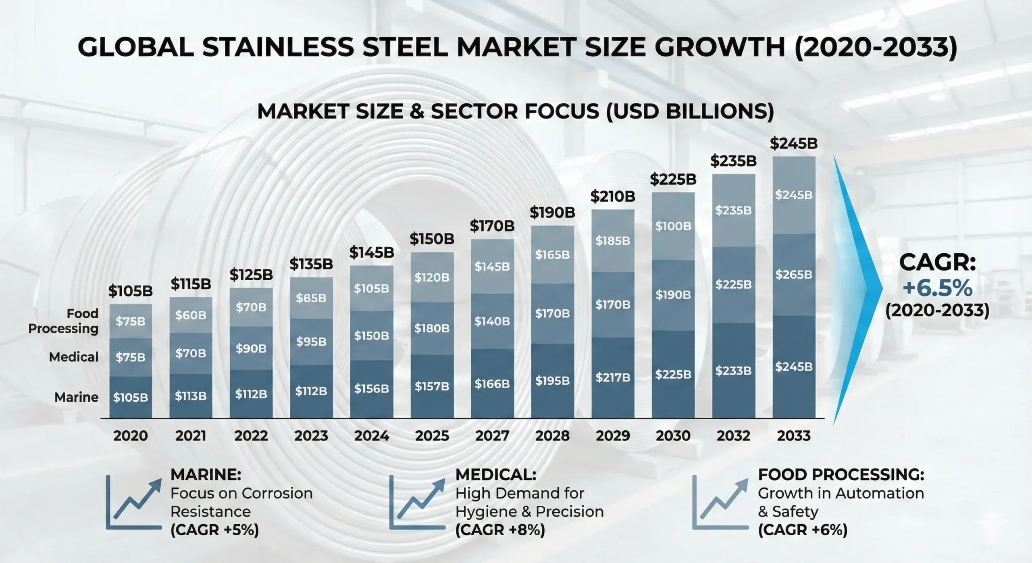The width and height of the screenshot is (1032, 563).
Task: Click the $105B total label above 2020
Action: click(130, 291)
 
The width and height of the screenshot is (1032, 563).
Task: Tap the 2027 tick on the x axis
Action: click(492, 436)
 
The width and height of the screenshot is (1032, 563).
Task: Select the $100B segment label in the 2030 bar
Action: click(673, 226)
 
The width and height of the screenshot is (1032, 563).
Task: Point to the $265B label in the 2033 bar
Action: click(793, 275)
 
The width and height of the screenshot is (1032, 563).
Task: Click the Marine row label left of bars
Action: click(76, 397)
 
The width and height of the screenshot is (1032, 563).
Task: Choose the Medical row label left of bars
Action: click(73, 357)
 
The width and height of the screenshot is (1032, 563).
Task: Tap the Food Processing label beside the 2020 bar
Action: click(63, 321)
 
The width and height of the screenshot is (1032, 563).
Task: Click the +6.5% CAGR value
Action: click(937, 288)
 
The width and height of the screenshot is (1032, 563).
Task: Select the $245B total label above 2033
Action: click(793, 144)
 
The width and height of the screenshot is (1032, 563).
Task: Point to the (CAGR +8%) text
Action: click(500, 530)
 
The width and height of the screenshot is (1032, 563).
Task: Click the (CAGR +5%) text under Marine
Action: click(214, 530)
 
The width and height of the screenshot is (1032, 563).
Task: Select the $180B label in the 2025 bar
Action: click(432, 328)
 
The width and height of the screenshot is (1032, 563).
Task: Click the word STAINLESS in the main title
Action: click(278, 48)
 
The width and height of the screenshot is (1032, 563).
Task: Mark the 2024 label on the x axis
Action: click(371, 436)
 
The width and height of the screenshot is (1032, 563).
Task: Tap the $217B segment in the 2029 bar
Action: click(613, 377)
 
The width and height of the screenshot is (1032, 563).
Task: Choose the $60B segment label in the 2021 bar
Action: click(190, 315)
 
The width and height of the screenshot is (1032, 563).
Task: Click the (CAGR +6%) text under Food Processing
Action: click(803, 530)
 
